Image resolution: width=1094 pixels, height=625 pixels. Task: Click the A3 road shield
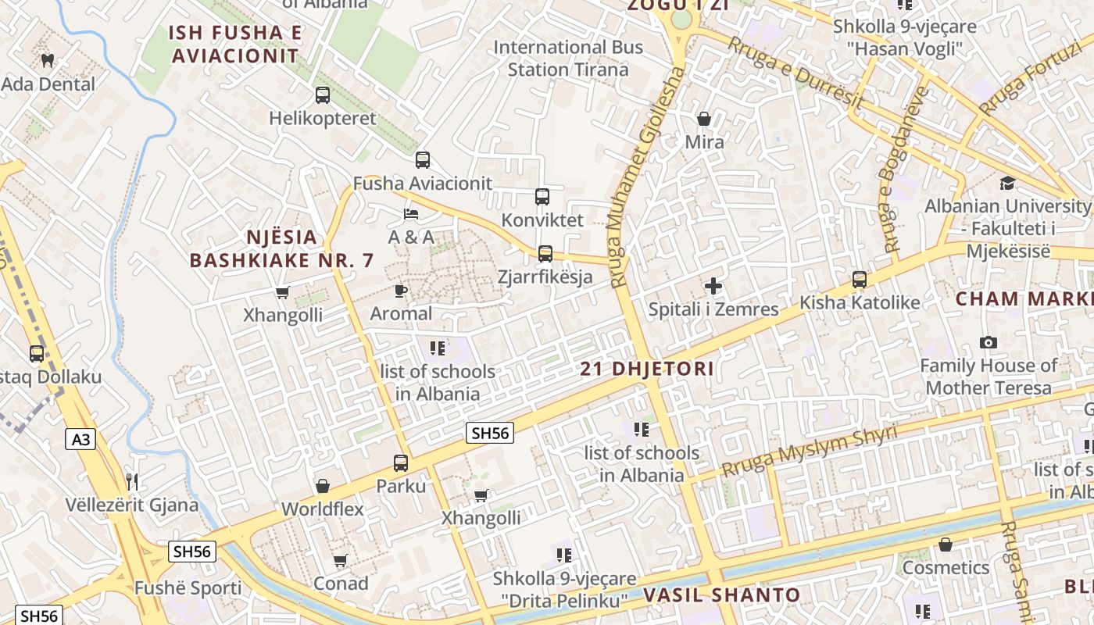pos(80,440)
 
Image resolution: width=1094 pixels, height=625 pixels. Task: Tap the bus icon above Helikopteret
pos(323,95)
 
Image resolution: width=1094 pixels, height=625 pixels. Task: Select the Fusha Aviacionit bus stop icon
pos(423,160)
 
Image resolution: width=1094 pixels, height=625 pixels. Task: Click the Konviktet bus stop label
pos(542,220)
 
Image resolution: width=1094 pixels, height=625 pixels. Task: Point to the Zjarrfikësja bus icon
pos(545,254)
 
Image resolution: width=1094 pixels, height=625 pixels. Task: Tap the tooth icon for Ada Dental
pos(47,60)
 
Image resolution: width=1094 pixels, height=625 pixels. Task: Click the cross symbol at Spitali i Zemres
pos(713,286)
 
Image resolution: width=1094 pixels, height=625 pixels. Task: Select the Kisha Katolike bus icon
pos(860,280)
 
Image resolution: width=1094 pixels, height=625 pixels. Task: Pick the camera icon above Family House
pos(989,343)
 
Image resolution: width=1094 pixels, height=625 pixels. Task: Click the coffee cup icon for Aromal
pos(401,291)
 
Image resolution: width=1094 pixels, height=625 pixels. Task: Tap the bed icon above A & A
pos(411,213)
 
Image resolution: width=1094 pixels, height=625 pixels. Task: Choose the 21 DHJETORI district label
pos(647,369)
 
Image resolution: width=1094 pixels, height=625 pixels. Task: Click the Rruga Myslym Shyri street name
pos(809,452)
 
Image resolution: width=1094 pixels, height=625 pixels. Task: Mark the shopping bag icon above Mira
pos(704,119)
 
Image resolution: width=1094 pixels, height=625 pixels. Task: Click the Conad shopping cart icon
pos(340,561)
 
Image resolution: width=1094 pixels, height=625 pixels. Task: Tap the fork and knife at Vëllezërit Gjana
pos(132,481)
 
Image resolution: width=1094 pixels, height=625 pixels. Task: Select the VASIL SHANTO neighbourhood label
pos(722,595)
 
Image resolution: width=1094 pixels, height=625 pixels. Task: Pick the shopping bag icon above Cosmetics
pos(946,545)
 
